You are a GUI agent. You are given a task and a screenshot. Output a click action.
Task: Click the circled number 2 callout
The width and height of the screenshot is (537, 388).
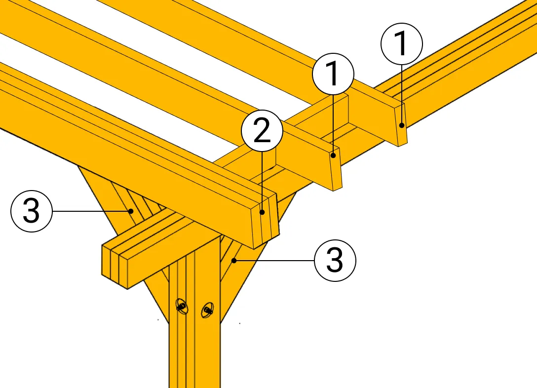point(262,131)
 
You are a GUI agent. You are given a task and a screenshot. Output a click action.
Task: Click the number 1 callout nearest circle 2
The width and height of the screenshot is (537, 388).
point(333,74)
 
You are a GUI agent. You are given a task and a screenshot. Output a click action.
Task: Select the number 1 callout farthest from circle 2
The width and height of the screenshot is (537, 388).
point(402,44)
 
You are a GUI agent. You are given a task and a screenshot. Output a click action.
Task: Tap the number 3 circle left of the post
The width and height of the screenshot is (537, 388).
point(32,211)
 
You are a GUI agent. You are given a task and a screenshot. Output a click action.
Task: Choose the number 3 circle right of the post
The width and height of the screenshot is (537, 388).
point(335,261)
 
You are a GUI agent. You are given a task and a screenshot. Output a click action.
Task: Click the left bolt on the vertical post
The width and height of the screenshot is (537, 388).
point(182,306)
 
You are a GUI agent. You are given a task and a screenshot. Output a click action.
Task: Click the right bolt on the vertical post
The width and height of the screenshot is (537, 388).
point(207,310)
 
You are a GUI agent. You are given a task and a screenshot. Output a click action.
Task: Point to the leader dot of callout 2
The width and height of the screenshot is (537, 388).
point(262,212)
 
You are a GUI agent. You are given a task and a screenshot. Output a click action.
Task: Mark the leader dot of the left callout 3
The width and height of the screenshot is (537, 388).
point(131,211)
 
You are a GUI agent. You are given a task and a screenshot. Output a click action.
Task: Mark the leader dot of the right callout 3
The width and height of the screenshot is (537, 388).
point(234,261)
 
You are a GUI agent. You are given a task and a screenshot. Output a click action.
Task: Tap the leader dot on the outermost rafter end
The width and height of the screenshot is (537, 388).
point(402,125)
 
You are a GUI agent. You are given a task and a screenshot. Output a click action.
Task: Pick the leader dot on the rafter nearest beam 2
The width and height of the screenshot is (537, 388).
point(333,155)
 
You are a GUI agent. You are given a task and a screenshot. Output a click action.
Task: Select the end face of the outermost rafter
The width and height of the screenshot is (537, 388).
point(401,125)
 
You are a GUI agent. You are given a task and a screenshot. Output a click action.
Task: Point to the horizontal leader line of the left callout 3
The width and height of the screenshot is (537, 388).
point(92,211)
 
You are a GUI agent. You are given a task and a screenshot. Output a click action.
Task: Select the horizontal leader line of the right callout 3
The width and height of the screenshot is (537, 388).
point(274,261)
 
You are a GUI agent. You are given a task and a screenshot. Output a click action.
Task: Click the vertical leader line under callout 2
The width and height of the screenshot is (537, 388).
point(262,182)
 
